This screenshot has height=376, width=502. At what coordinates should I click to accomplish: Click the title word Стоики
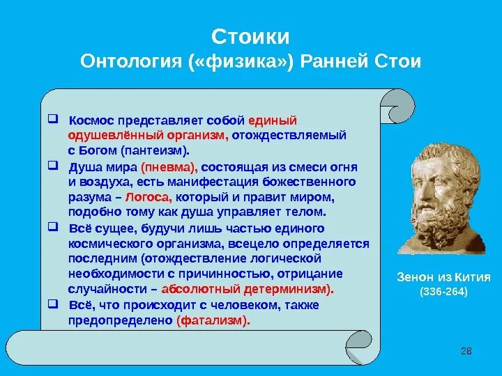(x=250, y=37)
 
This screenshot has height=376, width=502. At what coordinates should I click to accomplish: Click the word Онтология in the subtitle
(x=131, y=61)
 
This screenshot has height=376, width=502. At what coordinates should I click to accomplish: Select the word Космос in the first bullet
(x=91, y=120)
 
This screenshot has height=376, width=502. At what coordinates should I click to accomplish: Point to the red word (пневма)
(x=169, y=167)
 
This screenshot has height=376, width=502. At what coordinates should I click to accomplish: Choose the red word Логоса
(x=149, y=197)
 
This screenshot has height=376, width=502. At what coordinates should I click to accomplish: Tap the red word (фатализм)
(x=213, y=320)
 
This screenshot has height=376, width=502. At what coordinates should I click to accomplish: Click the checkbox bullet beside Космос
(x=53, y=119)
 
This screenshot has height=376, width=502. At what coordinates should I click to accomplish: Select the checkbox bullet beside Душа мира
(x=53, y=166)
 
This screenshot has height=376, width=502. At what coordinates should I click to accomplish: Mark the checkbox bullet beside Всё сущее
(x=53, y=227)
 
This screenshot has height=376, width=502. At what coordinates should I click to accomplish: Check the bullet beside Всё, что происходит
(x=53, y=304)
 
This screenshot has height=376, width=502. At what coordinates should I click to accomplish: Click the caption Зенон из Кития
(x=443, y=277)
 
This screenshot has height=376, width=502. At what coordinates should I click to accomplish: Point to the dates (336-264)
(x=443, y=292)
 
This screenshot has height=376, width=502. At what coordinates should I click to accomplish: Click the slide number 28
(x=466, y=351)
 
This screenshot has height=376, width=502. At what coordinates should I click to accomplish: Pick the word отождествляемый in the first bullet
(x=289, y=136)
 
